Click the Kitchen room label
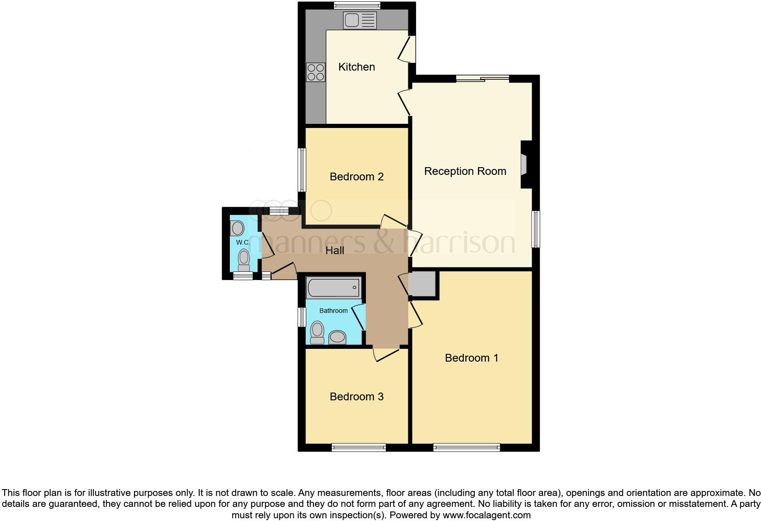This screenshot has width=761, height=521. click(356, 67)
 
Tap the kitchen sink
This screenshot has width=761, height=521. click(360, 20)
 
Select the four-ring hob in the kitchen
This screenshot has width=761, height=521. click(316, 72)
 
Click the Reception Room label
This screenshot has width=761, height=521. click(465, 171)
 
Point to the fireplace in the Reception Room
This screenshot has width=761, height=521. click(524, 164)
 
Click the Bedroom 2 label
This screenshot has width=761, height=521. click(356, 177)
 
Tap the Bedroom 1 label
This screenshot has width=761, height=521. click(471, 358)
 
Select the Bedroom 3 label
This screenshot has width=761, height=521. click(356, 397)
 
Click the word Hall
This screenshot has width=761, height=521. click(335, 250)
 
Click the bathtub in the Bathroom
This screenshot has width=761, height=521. click(334, 288)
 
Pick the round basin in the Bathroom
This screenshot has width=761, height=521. click(337, 337)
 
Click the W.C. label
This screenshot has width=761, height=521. click(243, 243)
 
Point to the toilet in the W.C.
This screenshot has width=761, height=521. click(244, 260)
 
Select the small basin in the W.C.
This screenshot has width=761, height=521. click(237, 227)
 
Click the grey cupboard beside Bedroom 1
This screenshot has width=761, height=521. click(422, 284)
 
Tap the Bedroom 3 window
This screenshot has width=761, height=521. click(359, 448)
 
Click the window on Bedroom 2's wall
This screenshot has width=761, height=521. click(301, 169)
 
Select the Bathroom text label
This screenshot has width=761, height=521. click(333, 311)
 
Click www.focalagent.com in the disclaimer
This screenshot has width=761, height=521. click(487, 516)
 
